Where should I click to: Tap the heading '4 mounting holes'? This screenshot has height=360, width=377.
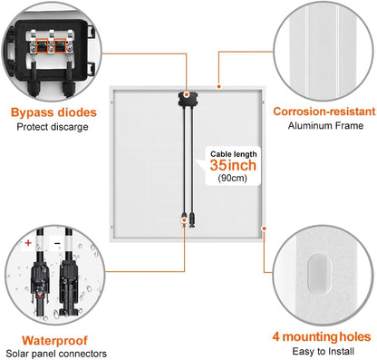[x=322, y=336]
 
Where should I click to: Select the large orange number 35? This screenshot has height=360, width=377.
[x=221, y=167]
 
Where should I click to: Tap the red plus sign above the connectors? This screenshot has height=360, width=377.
[x=29, y=244]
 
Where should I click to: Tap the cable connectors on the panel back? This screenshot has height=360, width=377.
[x=188, y=216]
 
